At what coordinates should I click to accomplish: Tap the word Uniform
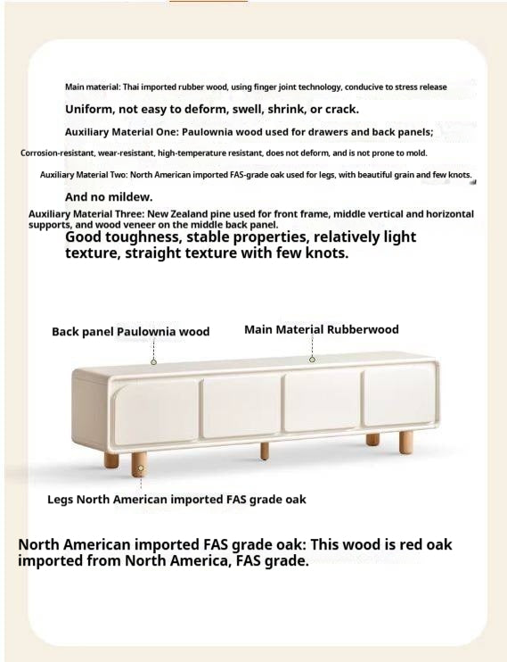click(x=93, y=109)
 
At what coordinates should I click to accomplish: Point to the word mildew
click(x=133, y=196)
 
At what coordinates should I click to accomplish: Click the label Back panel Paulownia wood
click(x=130, y=332)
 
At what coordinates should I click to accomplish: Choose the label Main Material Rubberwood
click(x=321, y=330)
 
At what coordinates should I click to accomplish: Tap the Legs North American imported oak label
click(x=176, y=500)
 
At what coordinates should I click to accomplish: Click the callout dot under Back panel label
click(x=153, y=362)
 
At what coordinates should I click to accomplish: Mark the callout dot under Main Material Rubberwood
click(x=312, y=359)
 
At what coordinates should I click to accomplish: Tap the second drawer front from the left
click(x=241, y=407)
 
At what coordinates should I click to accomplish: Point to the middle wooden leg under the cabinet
click(x=265, y=448)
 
